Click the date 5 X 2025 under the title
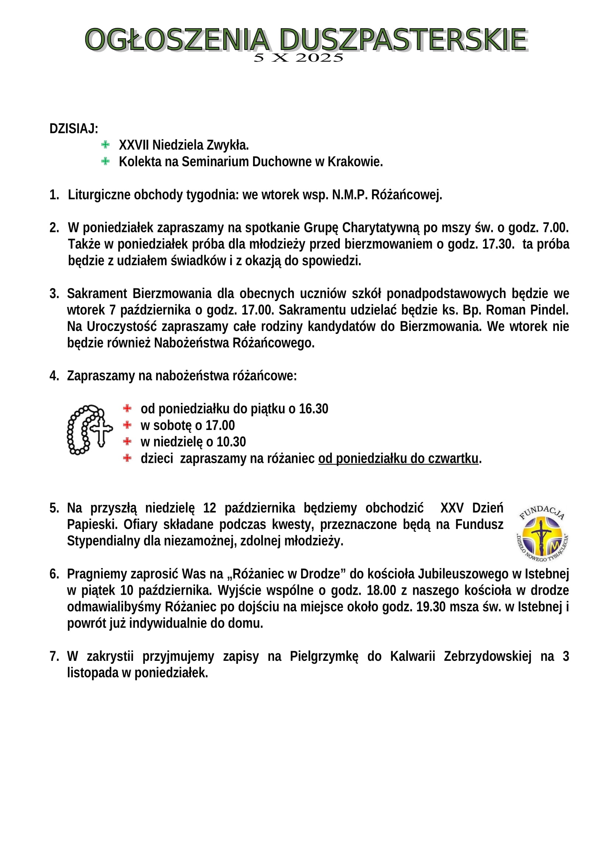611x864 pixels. click(x=298, y=58)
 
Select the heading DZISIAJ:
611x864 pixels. click(x=74, y=129)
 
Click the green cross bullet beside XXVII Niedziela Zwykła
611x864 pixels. click(x=105, y=144)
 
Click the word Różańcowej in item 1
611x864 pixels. click(x=406, y=195)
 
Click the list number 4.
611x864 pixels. click(x=54, y=376)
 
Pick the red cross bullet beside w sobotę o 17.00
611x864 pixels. click(x=127, y=425)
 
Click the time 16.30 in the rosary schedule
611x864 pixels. click(x=313, y=409)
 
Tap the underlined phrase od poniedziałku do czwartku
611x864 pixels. click(x=398, y=459)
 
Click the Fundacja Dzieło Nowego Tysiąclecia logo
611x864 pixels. click(x=542, y=533)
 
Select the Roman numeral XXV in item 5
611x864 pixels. click(x=451, y=508)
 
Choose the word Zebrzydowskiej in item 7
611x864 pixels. click(x=488, y=657)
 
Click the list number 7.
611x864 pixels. click(x=54, y=657)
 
